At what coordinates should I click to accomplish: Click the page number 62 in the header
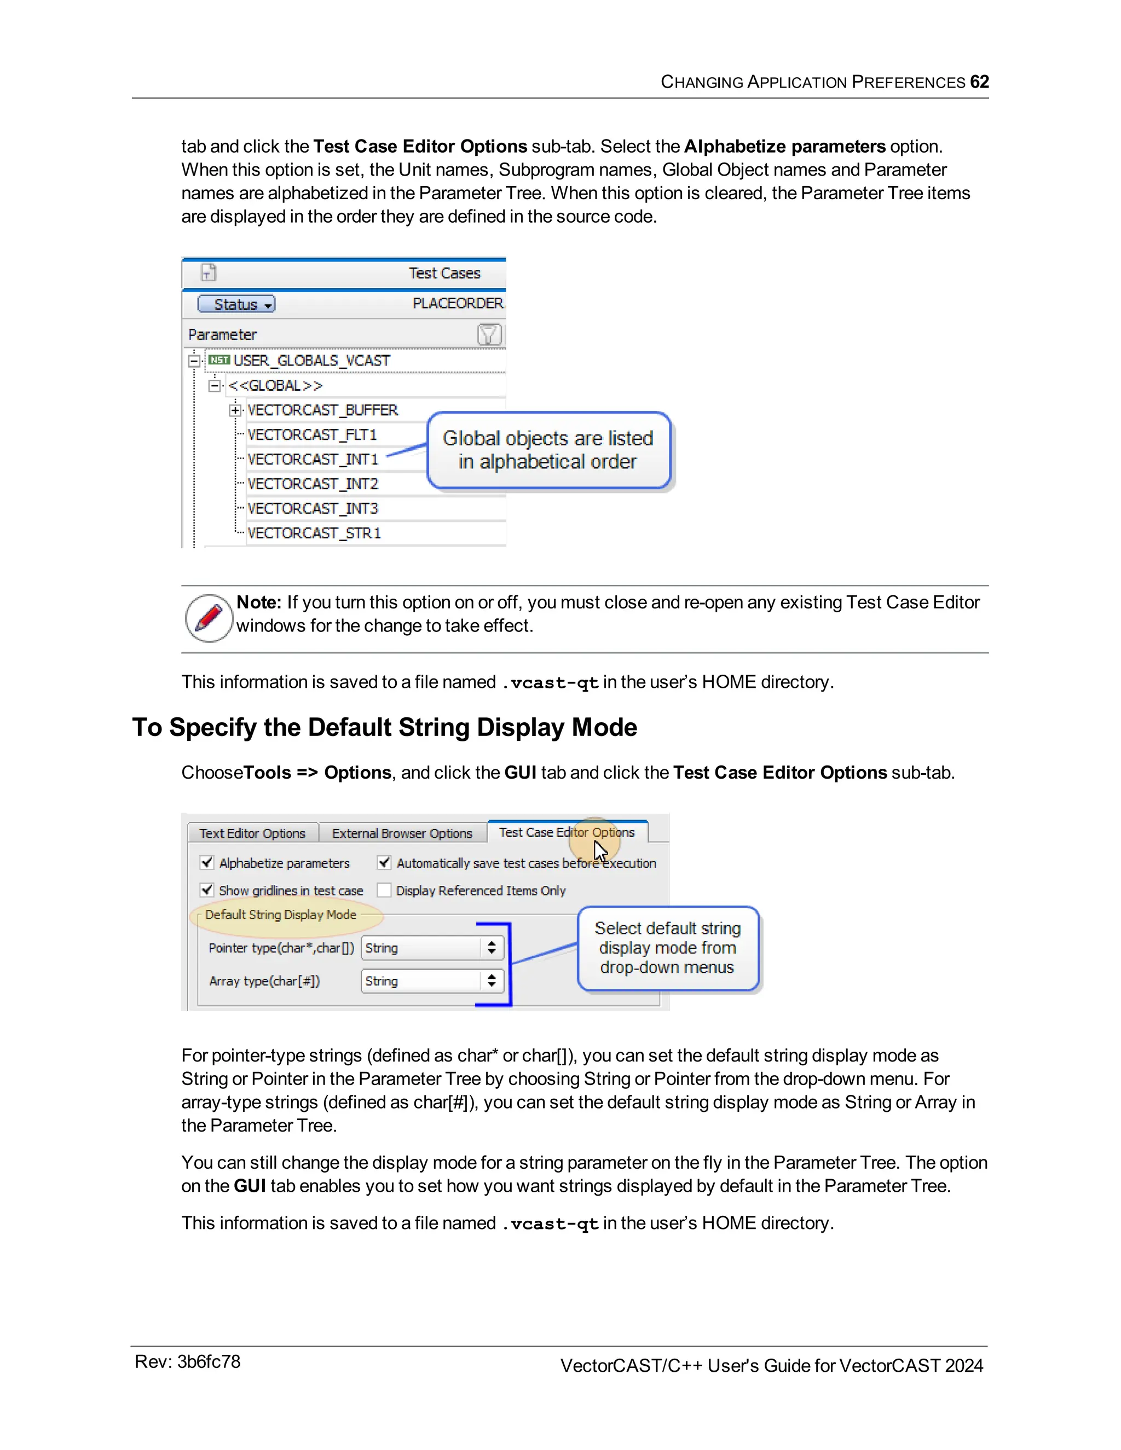pos(979,82)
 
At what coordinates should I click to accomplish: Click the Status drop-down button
pos(236,304)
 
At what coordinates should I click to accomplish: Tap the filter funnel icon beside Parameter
pos(489,335)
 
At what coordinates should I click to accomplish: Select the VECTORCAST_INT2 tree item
pos(313,484)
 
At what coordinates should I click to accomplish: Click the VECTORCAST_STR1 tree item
pos(314,533)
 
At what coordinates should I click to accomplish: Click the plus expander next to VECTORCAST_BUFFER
pos(235,410)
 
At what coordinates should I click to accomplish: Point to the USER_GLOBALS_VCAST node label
pos(311,361)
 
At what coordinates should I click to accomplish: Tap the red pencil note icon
pos(209,617)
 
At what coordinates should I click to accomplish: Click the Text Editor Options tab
pos(252,833)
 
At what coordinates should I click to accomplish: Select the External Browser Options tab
pos(402,833)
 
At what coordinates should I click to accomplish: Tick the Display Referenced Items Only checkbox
pos(384,890)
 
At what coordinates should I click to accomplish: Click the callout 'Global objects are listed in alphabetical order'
pos(548,450)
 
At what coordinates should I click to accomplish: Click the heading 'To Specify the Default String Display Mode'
pos(384,728)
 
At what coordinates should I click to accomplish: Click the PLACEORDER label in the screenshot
pos(458,304)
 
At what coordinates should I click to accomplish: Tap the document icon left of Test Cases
pos(209,272)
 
